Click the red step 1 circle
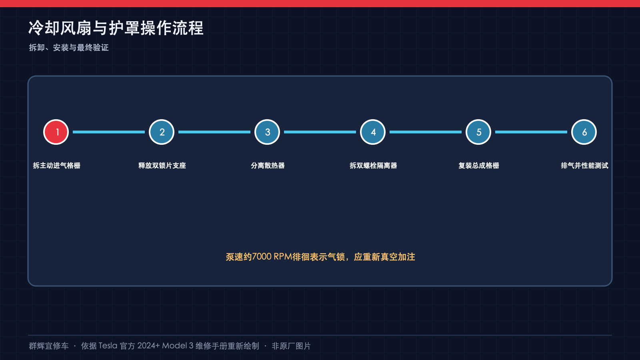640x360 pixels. pos(56,132)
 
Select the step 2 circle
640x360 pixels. pos(162,132)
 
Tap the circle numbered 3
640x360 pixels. pos(267,132)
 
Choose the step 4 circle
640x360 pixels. pos(372,132)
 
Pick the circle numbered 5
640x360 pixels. pos(478,132)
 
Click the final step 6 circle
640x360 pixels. pos(584,132)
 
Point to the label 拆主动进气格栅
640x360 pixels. pos(56,166)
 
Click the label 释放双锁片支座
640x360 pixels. pos(162,166)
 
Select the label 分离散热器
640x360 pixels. pos(268,166)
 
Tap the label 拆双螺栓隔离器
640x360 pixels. pos(373,166)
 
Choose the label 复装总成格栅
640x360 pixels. pos(479,166)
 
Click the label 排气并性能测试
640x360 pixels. pos(584,166)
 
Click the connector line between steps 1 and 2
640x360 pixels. pos(109,132)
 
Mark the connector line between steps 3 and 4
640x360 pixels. pos(320,132)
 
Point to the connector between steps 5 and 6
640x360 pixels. pos(531,132)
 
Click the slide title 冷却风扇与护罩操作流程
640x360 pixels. pos(116,28)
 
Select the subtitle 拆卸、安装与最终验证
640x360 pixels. pos(68,48)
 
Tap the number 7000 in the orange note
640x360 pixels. pos(262,256)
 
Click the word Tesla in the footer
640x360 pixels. pos(108,346)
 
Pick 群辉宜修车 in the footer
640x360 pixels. pos(48,346)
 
